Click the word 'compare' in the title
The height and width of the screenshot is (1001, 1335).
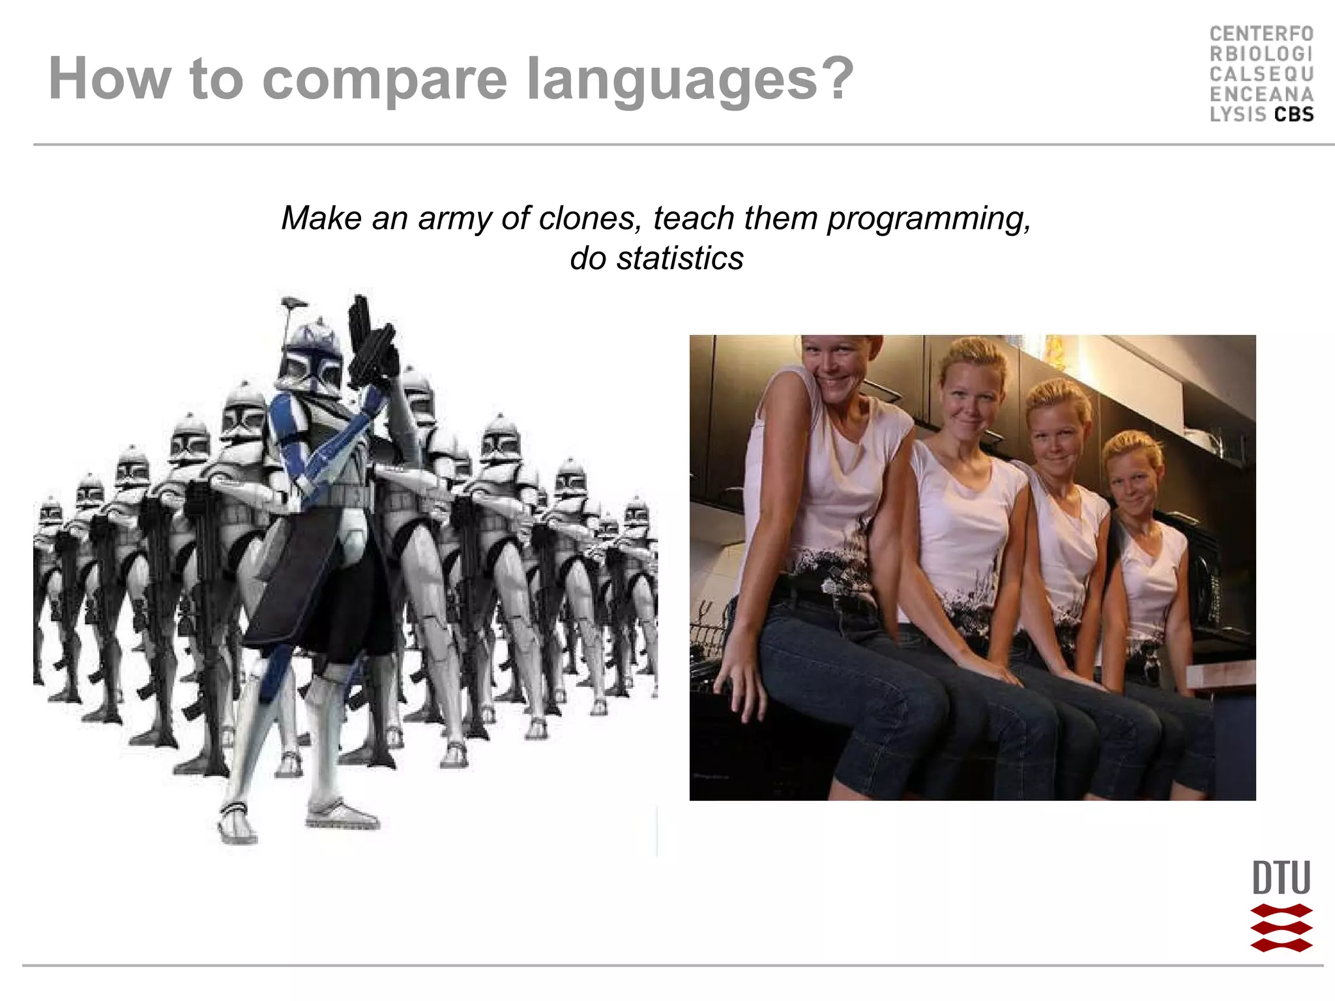(x=384, y=80)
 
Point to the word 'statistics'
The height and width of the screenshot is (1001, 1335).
(x=680, y=258)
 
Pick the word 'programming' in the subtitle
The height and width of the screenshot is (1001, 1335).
(x=928, y=219)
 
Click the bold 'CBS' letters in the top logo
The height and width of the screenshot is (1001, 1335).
(x=1294, y=115)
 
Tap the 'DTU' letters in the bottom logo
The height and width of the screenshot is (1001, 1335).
(x=1281, y=878)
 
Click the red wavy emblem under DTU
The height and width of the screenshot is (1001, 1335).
(x=1281, y=928)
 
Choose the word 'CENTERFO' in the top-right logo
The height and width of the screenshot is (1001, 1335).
(x=1261, y=34)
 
